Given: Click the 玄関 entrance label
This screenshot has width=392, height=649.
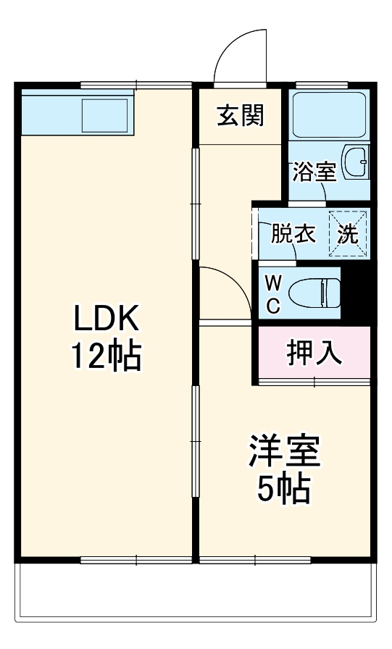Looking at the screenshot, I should (x=239, y=114).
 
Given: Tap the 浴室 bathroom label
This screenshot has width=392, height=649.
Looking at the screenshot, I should (x=314, y=172).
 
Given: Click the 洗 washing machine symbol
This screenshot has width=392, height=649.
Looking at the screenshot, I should (x=349, y=234).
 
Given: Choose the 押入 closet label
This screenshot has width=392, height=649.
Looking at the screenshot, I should (x=314, y=353).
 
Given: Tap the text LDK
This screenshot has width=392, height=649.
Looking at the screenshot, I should (x=105, y=319).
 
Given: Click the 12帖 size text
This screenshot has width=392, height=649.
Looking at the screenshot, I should (x=105, y=356).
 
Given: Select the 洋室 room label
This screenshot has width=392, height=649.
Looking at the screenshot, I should (x=283, y=453).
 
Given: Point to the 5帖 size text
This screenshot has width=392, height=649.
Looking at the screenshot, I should (x=283, y=490).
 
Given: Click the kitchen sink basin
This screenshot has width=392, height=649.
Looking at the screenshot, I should (x=104, y=114).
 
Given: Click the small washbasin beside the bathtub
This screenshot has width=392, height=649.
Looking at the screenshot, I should (x=356, y=162).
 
